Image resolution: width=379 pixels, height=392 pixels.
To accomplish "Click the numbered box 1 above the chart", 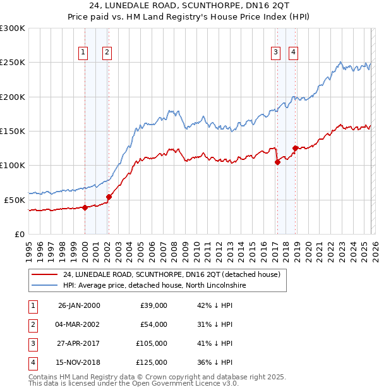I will [x=84, y=52].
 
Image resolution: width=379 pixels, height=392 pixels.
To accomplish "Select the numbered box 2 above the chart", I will [x=107, y=52].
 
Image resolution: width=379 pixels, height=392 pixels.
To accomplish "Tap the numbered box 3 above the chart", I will [x=276, y=52].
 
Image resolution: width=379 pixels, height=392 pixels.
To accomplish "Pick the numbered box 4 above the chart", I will [x=294, y=52].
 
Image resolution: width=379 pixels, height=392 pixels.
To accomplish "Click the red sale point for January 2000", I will [x=85, y=207].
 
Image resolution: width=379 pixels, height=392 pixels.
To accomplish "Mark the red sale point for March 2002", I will [x=109, y=197].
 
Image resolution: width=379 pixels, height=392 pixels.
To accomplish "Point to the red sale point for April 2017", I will [x=277, y=162].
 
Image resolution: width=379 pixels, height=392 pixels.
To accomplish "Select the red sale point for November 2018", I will [x=295, y=148].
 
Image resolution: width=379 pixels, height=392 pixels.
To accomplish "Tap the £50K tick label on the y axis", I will [x=15, y=199].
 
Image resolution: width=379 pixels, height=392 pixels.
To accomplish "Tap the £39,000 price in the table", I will [x=153, y=305].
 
